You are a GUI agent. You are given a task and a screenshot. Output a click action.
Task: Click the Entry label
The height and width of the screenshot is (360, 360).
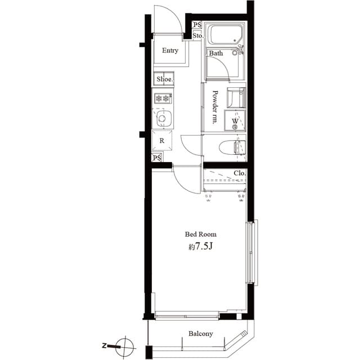click(x=170, y=51)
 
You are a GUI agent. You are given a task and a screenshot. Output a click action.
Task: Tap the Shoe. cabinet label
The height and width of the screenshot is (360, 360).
click(x=164, y=79)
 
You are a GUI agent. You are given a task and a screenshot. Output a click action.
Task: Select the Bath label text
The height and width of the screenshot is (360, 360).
click(x=216, y=53)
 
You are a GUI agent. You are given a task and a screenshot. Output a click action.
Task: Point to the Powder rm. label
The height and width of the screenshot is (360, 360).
click(x=215, y=107)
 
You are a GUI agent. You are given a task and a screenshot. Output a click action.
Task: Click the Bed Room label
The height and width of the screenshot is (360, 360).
click(x=201, y=234)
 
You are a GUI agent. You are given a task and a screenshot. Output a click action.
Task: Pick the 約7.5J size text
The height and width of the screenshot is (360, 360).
click(x=200, y=247)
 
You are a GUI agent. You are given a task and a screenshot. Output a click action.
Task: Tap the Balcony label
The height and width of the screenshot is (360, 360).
click(x=200, y=334)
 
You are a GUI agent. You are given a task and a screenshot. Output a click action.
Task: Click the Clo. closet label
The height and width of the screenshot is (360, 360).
click(x=240, y=173)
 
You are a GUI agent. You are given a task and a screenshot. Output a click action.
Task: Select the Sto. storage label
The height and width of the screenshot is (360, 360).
click(x=197, y=36)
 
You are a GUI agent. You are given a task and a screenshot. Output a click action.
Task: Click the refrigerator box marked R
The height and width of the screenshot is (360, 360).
click(x=162, y=141)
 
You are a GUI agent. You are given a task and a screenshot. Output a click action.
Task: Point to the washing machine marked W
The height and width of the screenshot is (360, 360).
click(x=235, y=121)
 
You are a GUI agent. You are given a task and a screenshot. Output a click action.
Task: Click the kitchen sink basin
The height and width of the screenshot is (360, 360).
click(x=164, y=119)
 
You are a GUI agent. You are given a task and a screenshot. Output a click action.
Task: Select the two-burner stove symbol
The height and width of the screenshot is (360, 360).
click(x=163, y=98)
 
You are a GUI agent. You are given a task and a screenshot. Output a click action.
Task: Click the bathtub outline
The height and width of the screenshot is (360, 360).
click(x=224, y=37)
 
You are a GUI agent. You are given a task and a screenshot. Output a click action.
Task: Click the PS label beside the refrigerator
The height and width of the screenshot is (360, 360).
click(x=157, y=158)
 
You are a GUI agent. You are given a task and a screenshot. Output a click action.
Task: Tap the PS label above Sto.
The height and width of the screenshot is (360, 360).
click(x=197, y=25)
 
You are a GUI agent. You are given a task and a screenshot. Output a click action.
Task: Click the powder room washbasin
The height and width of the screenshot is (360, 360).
click(x=236, y=97)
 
